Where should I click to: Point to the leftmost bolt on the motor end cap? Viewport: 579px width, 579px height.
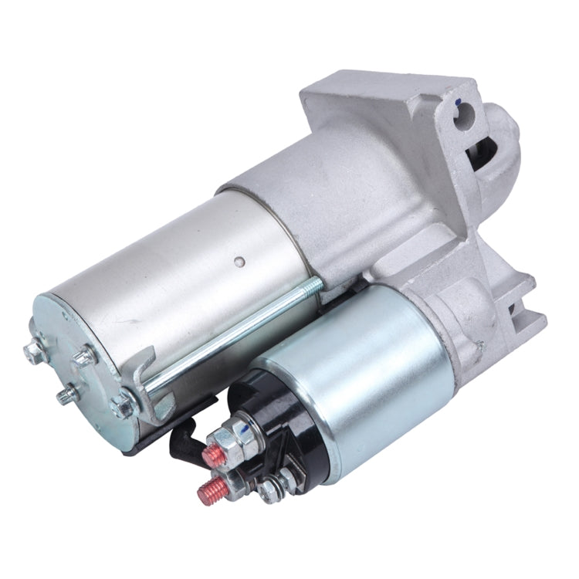point(34,353)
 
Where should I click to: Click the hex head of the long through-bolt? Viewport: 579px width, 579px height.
point(123,403)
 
